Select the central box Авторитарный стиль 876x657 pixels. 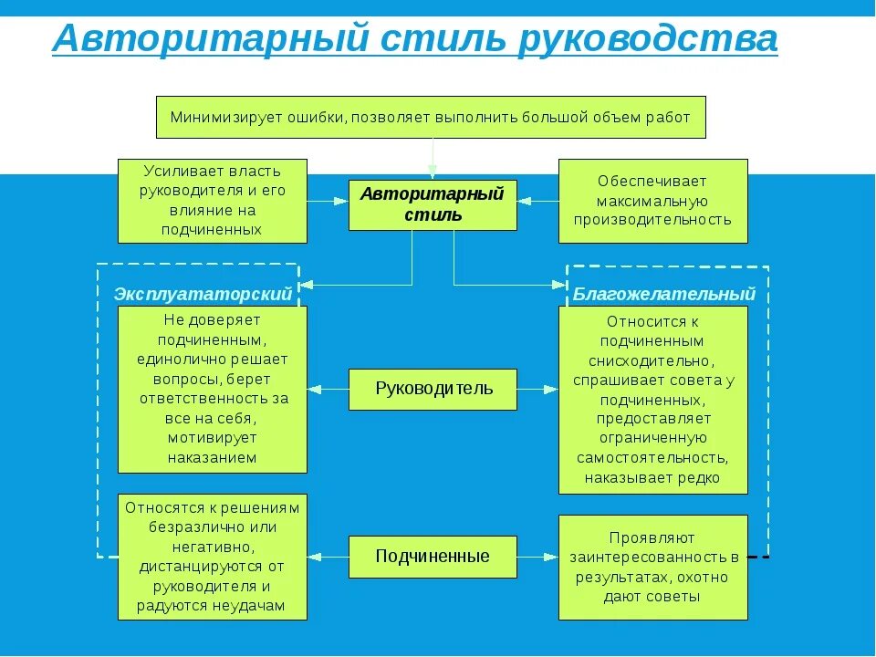[433, 204]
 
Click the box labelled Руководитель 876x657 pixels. [433, 389]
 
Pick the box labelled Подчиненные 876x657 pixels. [433, 556]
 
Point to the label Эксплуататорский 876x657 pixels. [203, 294]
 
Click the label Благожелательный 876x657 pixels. [664, 294]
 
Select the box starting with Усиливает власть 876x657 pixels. [212, 200]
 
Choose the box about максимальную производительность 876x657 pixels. [652, 200]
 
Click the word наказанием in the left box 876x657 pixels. [213, 457]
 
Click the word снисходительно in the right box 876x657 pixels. [652, 360]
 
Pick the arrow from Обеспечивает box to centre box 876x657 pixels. [537, 201]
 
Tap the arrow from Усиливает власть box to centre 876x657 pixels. [328, 201]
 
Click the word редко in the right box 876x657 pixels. [700, 477]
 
